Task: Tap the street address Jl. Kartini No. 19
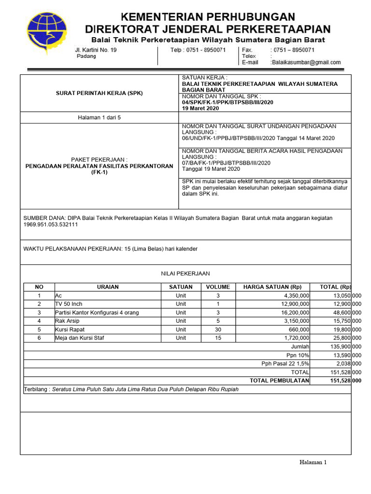click(96, 50)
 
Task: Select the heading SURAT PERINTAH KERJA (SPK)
click(99, 93)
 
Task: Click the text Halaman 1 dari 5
click(99, 117)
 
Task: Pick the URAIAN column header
click(108, 287)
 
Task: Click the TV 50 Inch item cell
click(69, 304)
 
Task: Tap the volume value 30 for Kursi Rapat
click(218, 329)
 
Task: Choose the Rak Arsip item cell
click(67, 321)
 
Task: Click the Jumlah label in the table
click(300, 346)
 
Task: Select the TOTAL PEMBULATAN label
click(279, 381)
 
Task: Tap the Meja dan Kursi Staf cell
click(80, 338)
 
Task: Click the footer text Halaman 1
click(313, 462)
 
